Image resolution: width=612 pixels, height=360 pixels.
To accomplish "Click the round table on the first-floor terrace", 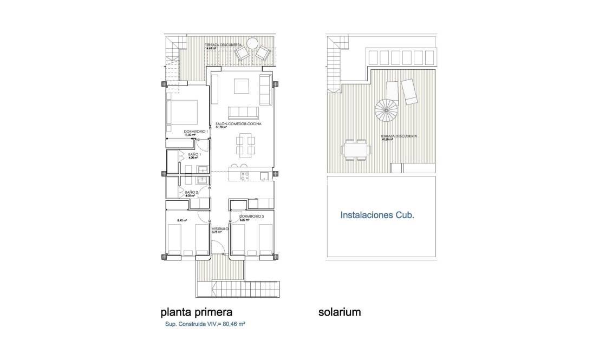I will (x=252, y=43).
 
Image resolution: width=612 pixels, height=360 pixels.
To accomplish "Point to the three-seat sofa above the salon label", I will (x=243, y=112).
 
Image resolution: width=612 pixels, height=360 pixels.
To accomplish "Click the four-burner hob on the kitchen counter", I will (x=244, y=175).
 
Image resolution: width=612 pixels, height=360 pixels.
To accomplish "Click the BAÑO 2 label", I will (x=191, y=192).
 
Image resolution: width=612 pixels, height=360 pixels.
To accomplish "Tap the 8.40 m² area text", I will (x=182, y=220).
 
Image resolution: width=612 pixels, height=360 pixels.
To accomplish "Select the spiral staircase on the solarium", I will (x=386, y=111).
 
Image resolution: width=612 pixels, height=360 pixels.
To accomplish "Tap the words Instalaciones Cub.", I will (x=377, y=215).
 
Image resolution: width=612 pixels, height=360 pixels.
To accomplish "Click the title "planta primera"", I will (x=197, y=312).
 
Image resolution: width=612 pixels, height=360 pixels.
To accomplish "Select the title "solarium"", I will (x=340, y=312).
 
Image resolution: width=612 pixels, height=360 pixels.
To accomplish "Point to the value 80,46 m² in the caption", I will (x=234, y=325).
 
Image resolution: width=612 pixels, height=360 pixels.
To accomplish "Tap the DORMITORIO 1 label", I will (x=181, y=132).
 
